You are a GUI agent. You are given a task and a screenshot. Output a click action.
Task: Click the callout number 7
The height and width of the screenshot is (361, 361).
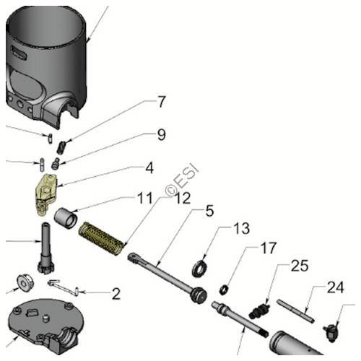[x=162, y=102]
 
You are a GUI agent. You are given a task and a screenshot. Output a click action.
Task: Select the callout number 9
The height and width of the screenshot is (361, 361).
[x=161, y=134]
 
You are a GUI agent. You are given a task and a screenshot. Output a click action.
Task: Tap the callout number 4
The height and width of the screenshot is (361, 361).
[x=149, y=168]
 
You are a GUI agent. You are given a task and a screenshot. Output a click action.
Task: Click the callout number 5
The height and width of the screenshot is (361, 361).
[x=209, y=211]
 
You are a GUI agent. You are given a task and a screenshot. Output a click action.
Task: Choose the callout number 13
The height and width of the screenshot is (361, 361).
[x=241, y=229]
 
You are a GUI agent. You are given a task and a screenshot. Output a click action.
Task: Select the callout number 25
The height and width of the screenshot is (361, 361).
[x=299, y=266]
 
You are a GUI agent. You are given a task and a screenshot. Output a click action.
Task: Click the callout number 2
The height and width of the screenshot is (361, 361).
[x=115, y=294]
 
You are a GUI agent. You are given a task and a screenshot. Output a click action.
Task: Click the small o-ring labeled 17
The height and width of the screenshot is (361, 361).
[x=224, y=290]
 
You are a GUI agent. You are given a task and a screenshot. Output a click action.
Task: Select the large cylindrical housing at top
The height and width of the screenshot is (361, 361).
[x=51, y=58]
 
